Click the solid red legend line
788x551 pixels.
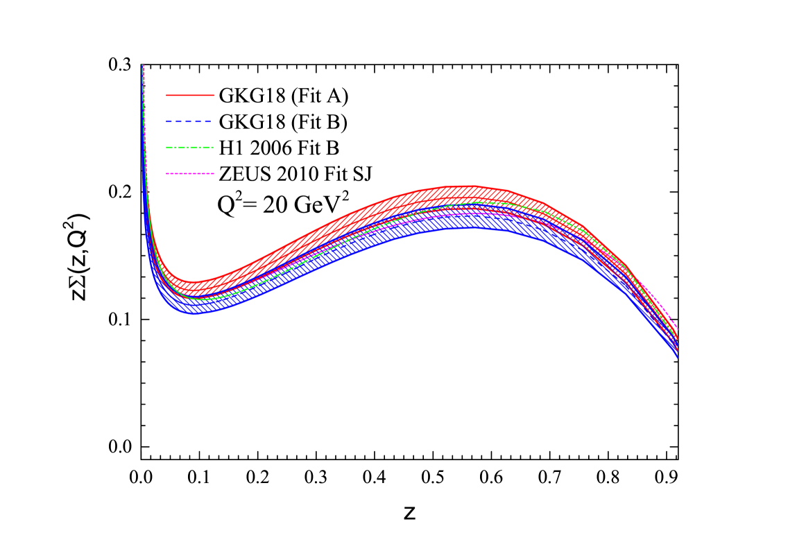190,95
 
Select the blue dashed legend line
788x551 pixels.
189,121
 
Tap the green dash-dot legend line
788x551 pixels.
190,147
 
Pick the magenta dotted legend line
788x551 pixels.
190,173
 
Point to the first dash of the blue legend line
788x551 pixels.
169,121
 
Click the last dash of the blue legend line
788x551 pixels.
207,121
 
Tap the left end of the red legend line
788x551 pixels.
166,95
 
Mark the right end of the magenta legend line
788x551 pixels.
214,173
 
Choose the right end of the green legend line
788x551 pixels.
213,147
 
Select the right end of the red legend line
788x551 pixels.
214,95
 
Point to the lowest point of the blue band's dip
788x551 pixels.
195,314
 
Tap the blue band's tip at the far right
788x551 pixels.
677,358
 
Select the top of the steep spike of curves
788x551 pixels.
143,66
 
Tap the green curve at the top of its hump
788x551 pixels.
479,202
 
